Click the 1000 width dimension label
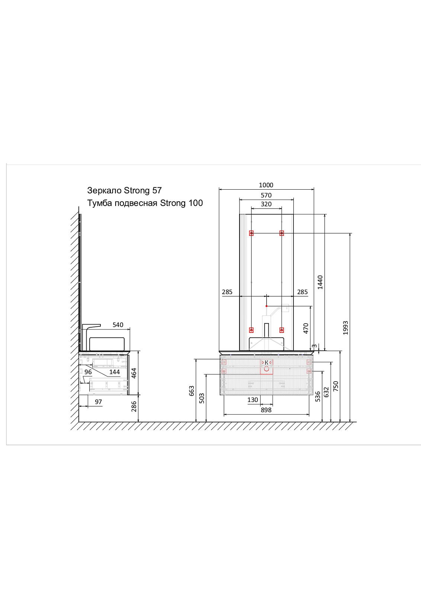point(266,185)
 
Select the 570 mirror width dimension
point(266,195)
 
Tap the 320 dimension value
point(266,204)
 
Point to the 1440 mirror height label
point(320,282)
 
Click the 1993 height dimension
point(345,328)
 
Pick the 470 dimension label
point(306,328)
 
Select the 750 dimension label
point(336,386)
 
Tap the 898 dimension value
point(266,410)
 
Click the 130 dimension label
point(253,400)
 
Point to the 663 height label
point(192,391)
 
